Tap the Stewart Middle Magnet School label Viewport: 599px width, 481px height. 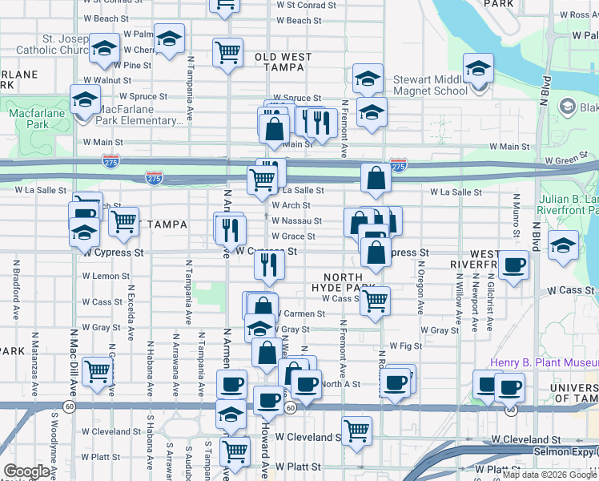[430, 86]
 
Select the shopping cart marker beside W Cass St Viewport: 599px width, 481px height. [374, 301]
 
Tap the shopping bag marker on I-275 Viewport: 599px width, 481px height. [376, 178]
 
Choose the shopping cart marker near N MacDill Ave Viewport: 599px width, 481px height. [97, 371]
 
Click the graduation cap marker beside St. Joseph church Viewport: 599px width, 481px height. [104, 47]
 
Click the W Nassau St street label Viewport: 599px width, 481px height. [296, 220]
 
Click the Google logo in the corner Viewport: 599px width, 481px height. [26, 471]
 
